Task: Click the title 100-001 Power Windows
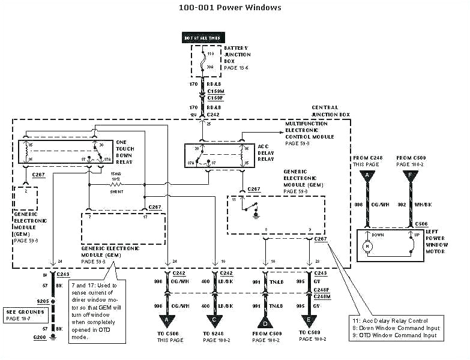click(230, 8)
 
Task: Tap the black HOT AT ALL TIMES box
click(202, 38)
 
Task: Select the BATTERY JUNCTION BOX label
click(237, 57)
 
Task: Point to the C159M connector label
click(215, 92)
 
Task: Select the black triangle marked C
click(215, 320)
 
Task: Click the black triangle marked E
click(309, 320)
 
